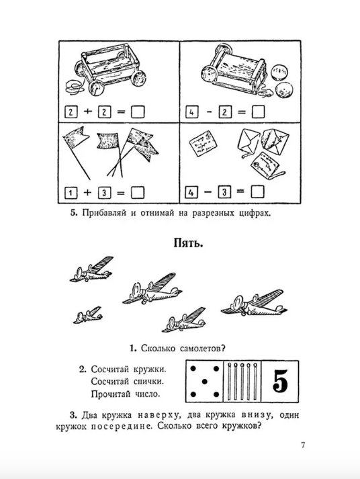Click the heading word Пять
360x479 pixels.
tap(188, 243)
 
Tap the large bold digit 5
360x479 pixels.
tap(280, 381)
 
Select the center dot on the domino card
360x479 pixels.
tap(205, 382)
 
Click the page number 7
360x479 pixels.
tap(303, 445)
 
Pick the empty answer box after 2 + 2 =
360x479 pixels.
tap(138, 112)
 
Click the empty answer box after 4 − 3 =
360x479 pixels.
tap(257, 192)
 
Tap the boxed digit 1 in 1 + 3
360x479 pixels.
tap(71, 193)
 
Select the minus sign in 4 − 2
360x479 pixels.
tap(209, 112)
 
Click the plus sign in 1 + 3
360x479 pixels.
tap(87, 192)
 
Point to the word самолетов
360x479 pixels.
tap(202, 348)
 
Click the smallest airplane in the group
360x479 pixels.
tap(87, 315)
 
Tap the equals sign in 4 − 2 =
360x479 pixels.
tap(241, 112)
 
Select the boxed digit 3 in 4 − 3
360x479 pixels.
tap(224, 192)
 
